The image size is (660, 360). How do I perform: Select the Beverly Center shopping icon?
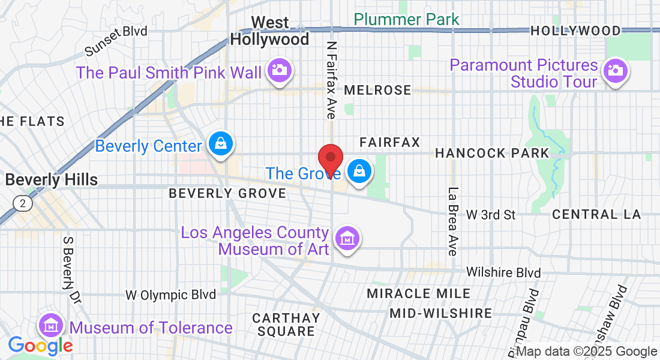221,144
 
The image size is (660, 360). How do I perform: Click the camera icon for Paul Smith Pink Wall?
278,70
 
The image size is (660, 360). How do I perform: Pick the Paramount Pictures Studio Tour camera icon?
614,71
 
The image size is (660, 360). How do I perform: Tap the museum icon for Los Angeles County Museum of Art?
347,238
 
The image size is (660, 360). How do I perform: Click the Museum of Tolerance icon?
51,326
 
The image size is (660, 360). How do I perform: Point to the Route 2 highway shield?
23,203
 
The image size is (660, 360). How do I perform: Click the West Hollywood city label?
270,31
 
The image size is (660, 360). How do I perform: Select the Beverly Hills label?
51,179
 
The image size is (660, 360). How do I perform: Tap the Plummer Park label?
407,19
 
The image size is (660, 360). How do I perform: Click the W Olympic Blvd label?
170,295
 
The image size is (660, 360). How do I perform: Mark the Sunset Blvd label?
116,40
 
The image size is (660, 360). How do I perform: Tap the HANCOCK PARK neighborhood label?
492,153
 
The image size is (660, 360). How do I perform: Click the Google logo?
40,345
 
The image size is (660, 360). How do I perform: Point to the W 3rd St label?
491,214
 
